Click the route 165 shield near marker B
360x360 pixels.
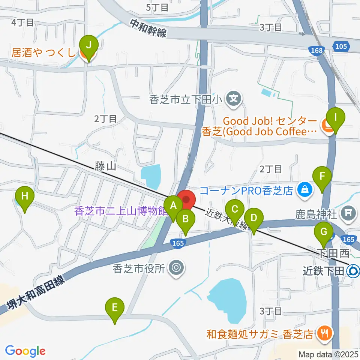[178, 244]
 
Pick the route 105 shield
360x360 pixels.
[340, 46]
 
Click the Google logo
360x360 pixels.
[25, 351]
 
